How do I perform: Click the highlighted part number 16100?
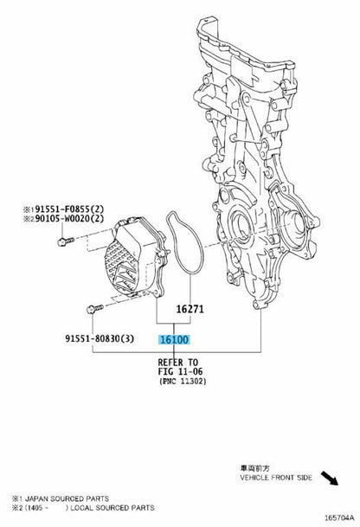click(x=174, y=340)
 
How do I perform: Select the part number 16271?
click(x=190, y=309)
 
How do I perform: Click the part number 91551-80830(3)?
click(x=100, y=338)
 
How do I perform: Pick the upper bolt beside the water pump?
click(x=66, y=241)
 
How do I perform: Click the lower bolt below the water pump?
click(x=95, y=308)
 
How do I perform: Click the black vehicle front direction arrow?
click(x=330, y=478)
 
